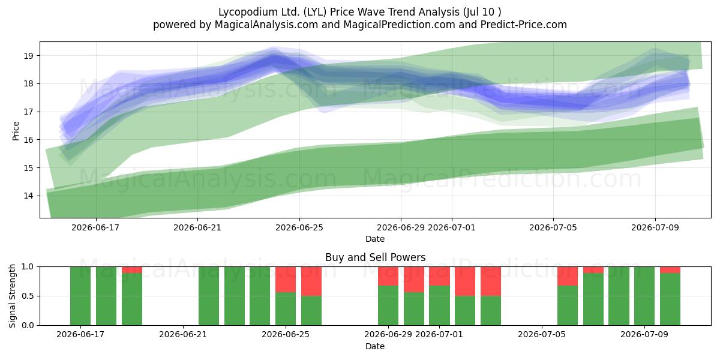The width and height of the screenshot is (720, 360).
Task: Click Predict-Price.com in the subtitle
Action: (x=524, y=25)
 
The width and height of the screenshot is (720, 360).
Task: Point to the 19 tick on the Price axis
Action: (x=28, y=56)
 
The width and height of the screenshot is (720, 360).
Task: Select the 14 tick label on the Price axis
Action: (x=28, y=196)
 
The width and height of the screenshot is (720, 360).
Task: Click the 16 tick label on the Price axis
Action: (x=28, y=140)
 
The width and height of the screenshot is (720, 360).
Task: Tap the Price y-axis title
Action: (x=16, y=131)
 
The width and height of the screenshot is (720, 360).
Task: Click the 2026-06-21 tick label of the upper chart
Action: (x=197, y=227)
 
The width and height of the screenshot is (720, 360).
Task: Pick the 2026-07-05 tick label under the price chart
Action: (x=553, y=227)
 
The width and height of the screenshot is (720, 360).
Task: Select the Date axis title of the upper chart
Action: (x=375, y=239)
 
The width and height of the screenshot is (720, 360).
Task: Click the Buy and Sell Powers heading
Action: (x=375, y=257)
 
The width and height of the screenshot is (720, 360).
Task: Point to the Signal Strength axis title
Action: (x=12, y=296)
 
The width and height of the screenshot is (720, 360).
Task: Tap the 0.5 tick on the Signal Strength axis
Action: (x=28, y=296)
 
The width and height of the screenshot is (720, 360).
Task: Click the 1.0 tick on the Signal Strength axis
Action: (x=28, y=267)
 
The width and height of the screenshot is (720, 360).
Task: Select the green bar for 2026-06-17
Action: (x=80, y=296)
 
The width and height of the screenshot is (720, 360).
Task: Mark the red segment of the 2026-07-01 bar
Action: (x=439, y=276)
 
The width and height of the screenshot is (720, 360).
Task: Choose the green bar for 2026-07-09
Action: (x=644, y=296)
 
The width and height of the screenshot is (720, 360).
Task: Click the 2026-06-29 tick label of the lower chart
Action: (x=388, y=335)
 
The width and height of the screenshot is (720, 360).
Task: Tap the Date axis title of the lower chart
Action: (x=375, y=346)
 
